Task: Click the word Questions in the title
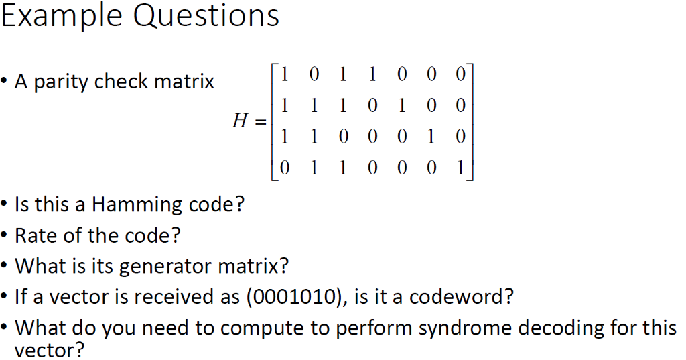coord(206,17)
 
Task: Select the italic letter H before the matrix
coord(241,120)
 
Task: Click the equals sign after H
coord(261,121)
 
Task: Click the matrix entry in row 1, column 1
coord(284,74)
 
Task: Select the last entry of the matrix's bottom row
coord(460,168)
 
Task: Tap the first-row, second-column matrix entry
coord(314,74)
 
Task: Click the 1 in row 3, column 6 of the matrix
coord(431,137)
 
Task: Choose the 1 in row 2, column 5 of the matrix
coord(402,105)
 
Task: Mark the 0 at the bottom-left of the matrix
coord(284,168)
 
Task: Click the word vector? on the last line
coord(49,351)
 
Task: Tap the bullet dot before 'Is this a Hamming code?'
coord(5,204)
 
